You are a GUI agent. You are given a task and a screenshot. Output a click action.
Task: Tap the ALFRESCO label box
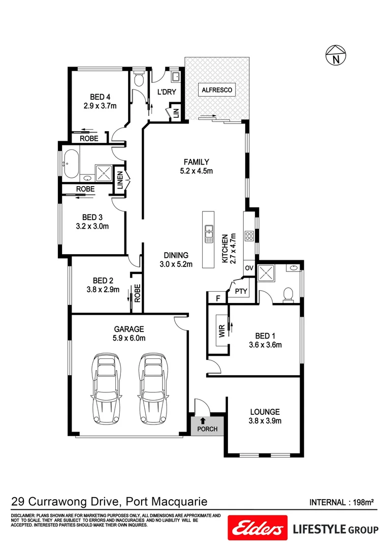point(217,90)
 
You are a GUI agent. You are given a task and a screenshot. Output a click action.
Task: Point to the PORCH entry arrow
point(203,420)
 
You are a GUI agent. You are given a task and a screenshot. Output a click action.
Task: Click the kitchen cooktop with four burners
point(249,235)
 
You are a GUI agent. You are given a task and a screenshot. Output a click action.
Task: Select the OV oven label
point(249,268)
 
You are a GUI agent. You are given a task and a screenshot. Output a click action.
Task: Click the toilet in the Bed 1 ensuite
point(288,295)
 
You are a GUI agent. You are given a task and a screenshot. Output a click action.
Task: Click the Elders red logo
point(255,529)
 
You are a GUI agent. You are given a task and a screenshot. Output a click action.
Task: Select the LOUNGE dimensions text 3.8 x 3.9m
point(265,420)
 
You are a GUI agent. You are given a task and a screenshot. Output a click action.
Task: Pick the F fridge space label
point(217,298)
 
